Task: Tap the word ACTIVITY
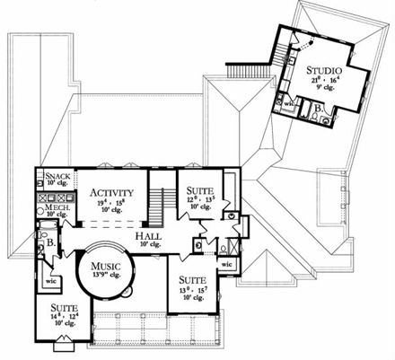pyautogui.click(x=111, y=192)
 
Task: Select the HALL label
pyautogui.click(x=149, y=234)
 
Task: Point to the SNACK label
pyautogui.click(x=57, y=177)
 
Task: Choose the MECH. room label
pyautogui.click(x=57, y=206)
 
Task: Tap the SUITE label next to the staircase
pyautogui.click(x=199, y=190)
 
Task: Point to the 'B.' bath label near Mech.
pyautogui.click(x=50, y=241)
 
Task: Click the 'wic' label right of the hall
pyautogui.click(x=227, y=265)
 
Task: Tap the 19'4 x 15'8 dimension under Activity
pyautogui.click(x=111, y=203)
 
